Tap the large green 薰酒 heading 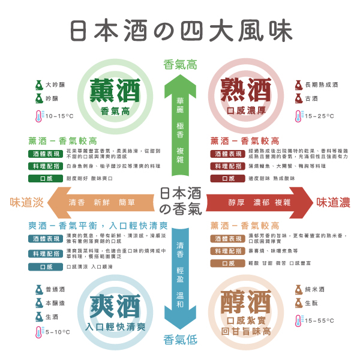(x=115, y=91)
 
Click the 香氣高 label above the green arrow (x=180, y=65)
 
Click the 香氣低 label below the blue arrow (x=180, y=340)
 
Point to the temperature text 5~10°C (x=58, y=332)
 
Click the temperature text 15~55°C (x=320, y=321)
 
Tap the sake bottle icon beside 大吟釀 (x=38, y=85)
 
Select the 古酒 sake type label (x=312, y=99)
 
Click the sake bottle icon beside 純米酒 (x=298, y=289)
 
